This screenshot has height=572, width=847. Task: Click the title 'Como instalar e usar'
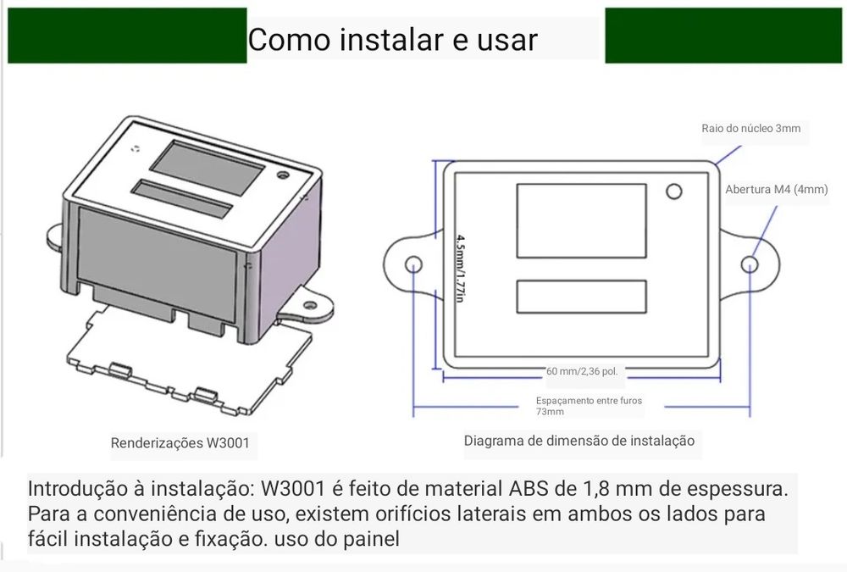coord(392,40)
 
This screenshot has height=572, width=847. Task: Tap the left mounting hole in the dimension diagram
coord(414,264)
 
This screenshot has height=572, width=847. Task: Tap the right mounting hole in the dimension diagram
coord(750,264)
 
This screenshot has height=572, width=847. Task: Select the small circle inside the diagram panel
coord(673,192)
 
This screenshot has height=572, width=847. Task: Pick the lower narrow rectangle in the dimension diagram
coord(581,296)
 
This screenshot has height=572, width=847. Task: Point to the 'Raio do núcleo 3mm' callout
coord(750,129)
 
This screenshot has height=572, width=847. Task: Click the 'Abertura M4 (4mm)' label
coord(776,189)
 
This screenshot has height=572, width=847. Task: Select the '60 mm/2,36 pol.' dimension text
coord(581,371)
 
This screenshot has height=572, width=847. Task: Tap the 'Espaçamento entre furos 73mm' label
coord(588,405)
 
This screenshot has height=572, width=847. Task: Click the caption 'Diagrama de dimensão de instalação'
coord(579,441)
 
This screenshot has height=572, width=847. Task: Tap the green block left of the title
coord(127,36)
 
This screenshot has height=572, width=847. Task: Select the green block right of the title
coord(724,36)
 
